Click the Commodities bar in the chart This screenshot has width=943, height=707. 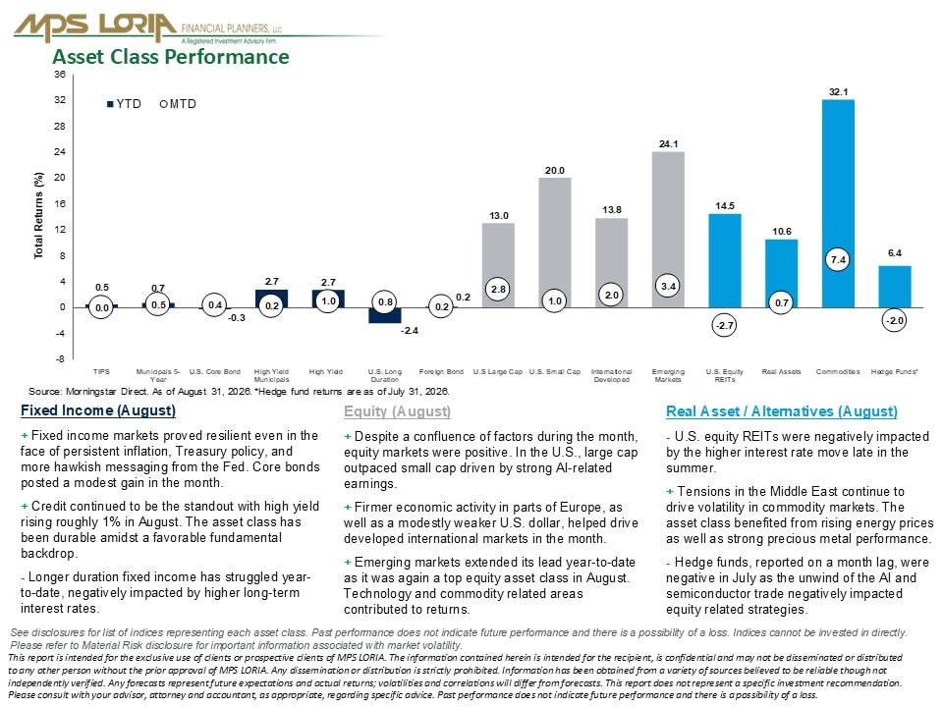pos(838,203)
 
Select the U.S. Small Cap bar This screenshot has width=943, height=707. pos(554,243)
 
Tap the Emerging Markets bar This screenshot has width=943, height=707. pos(668,230)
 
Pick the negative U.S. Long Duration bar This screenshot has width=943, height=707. pos(385,315)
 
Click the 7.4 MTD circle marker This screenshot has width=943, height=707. pos(838,259)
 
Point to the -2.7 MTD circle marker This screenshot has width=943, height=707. pos(724,325)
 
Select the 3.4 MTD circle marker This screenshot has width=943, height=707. pos(668,286)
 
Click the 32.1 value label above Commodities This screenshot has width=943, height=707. pos(838,92)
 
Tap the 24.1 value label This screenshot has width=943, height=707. pos(668,144)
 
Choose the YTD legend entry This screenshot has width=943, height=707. pos(124,104)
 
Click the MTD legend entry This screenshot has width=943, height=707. pos(178,104)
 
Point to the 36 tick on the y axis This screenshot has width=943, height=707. pos(60,75)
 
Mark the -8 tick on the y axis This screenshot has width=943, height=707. pos(60,359)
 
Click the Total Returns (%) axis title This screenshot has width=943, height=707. pos(39,216)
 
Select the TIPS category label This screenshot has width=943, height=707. pos(101,371)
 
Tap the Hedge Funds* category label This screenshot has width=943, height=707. pos(894,371)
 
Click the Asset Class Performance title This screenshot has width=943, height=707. pos(171,57)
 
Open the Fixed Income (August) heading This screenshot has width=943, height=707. pos(98,410)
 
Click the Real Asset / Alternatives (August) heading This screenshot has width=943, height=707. pos(782,411)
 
